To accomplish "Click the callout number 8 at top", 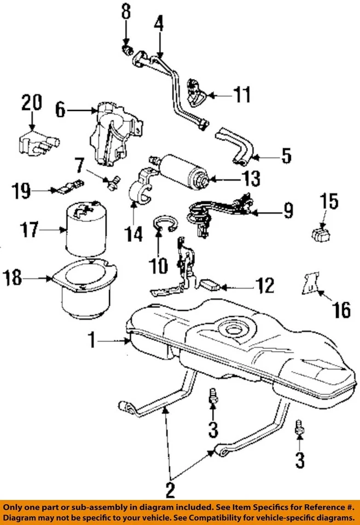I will point(126,13).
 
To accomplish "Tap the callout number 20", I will point(31,102).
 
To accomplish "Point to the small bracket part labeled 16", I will point(309,284).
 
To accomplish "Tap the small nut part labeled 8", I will point(127,51).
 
